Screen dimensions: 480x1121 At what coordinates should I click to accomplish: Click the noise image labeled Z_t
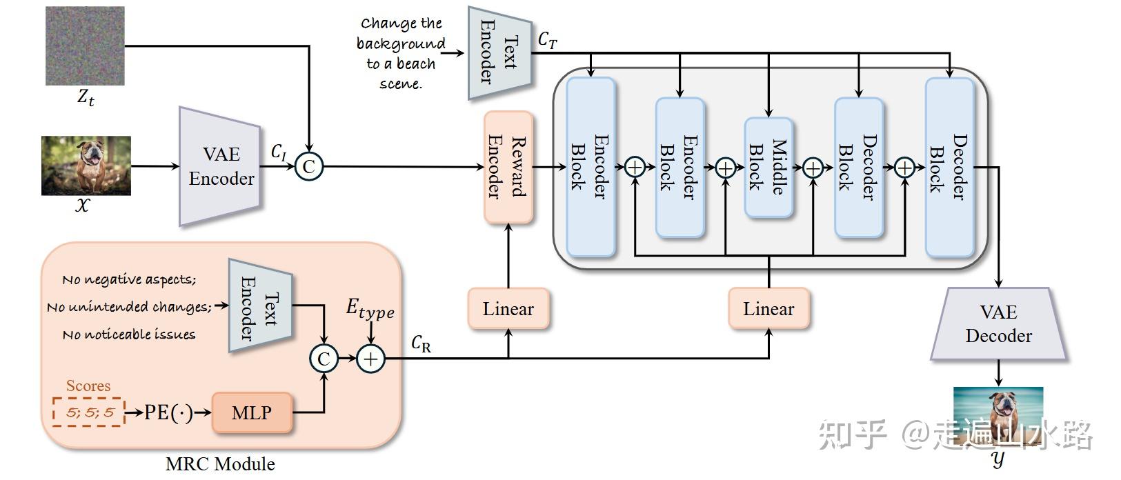pos(85,46)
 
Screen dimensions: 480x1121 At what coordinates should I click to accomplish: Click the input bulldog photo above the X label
pos(86,166)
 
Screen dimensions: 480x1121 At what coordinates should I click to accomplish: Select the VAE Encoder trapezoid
pos(220,166)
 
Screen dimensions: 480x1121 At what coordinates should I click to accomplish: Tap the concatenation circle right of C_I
pos(308,166)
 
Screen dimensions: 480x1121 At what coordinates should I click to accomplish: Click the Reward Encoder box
pos(508,168)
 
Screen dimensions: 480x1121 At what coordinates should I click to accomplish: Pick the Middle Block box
pos(768,168)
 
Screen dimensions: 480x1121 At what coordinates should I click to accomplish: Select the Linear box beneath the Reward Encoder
pos(508,308)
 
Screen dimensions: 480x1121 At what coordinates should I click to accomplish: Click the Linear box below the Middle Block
pos(768,308)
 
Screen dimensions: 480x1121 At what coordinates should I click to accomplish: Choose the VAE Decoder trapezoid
pos(998,324)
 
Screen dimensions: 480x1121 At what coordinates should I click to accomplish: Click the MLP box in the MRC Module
pos(252,413)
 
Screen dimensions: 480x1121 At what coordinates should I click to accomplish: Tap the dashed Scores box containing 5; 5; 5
pos(89,412)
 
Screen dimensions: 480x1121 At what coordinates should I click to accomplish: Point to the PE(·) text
pos(168,413)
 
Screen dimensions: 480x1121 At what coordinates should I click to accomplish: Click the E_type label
pos(370,308)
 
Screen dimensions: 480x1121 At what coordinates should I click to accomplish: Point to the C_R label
pos(421,343)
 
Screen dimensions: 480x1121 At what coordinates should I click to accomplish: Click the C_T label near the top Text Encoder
pos(547,40)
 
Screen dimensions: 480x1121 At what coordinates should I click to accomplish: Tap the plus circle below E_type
pos(370,359)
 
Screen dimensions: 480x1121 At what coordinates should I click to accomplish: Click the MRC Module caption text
pos(220,464)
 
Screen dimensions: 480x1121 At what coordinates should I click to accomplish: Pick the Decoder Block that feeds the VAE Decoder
pos(949,168)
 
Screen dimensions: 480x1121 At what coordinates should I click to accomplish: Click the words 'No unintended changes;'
pos(129,307)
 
